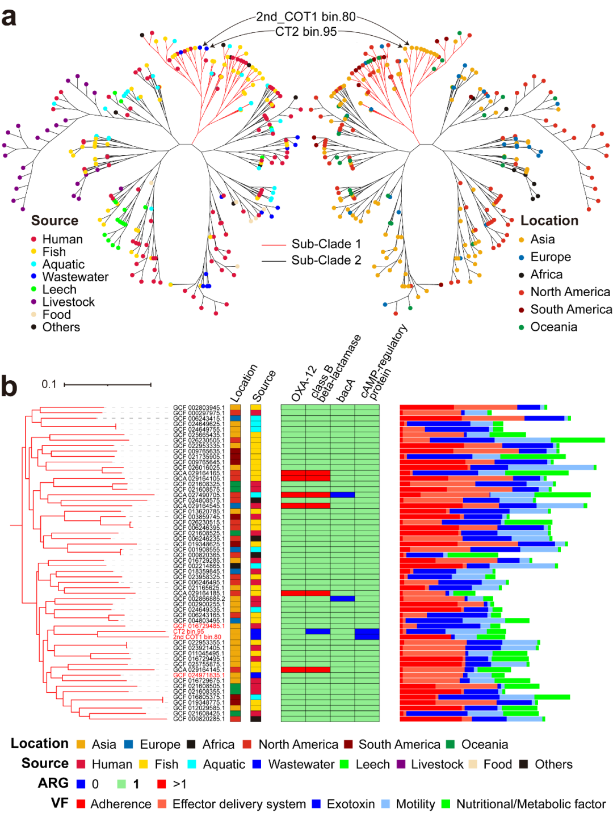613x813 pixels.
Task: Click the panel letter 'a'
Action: pyautogui.click(x=9, y=17)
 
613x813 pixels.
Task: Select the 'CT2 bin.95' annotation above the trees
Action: pyautogui.click(x=306, y=32)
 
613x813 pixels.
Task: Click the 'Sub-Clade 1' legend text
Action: pyautogui.click(x=326, y=244)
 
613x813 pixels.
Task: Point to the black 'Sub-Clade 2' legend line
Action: pyautogui.click(x=273, y=261)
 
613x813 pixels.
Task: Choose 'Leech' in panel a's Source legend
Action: pyautogui.click(x=59, y=289)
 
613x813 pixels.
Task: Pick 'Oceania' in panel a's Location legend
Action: pyautogui.click(x=553, y=327)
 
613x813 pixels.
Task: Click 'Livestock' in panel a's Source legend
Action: pyautogui.click(x=68, y=302)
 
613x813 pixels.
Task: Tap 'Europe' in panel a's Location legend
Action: pyautogui.click(x=550, y=257)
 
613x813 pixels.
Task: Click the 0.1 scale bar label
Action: pyautogui.click(x=49, y=384)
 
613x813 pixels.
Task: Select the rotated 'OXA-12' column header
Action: pyautogui.click(x=303, y=384)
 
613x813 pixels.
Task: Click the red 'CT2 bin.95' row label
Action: pyautogui.click(x=188, y=631)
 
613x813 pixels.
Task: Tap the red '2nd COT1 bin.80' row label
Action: pyautogui.click(x=197, y=637)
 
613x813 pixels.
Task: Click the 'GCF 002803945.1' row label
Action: pyautogui.click(x=199, y=407)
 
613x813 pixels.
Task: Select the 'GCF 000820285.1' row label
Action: pyautogui.click(x=199, y=719)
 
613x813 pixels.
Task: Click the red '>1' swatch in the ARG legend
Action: pyautogui.click(x=162, y=784)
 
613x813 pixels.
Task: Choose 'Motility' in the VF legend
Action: pyautogui.click(x=415, y=804)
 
